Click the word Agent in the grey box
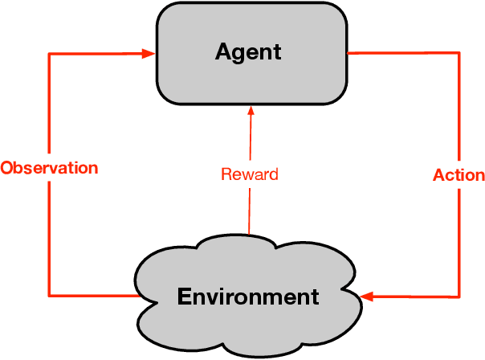pyautogui.click(x=248, y=52)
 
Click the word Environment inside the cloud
pyautogui.click(x=247, y=297)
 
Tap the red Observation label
pyautogui.click(x=49, y=168)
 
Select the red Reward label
pyautogui.click(x=249, y=174)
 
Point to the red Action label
pyautogui.click(x=459, y=174)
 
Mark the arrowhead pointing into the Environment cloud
pyautogui.click(x=367, y=297)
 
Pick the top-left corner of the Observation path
pyautogui.click(x=50, y=54)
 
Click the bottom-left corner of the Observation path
pyautogui.click(x=50, y=296)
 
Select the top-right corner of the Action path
pyautogui.click(x=459, y=54)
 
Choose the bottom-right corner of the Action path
pyautogui.click(x=459, y=297)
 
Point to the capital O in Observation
pyautogui.click(x=6, y=168)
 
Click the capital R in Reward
pyautogui.click(x=226, y=174)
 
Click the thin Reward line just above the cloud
pyautogui.click(x=249, y=225)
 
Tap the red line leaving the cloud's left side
pyautogui.click(x=96, y=296)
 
